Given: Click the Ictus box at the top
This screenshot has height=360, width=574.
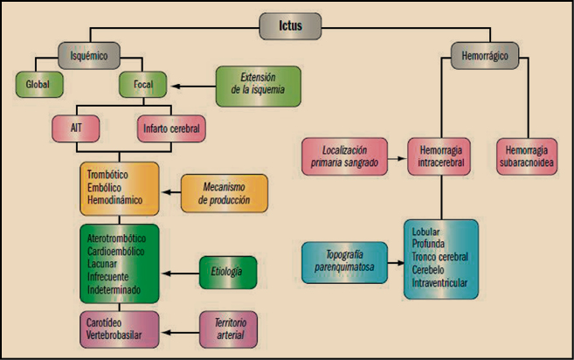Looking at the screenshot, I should coord(286,26).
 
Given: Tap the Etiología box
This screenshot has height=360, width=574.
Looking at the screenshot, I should coord(227,273).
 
